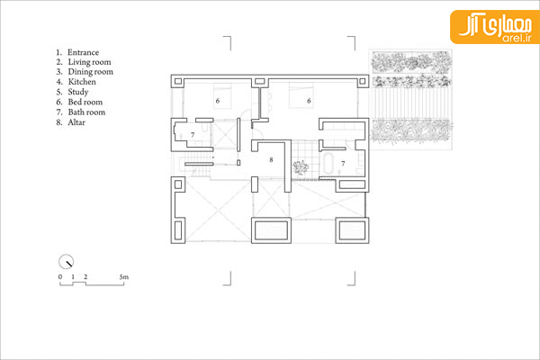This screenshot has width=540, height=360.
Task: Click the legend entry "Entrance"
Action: point(83,52)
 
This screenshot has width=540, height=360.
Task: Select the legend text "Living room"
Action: point(89,62)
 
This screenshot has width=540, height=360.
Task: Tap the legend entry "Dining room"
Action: point(90,72)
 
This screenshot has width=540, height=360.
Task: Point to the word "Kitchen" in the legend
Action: point(82,82)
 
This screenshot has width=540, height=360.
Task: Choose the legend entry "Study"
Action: point(78,93)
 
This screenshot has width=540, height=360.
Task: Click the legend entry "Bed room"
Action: point(85,102)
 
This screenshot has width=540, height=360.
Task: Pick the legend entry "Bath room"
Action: point(86,112)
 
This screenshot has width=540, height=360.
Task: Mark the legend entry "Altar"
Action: point(76,122)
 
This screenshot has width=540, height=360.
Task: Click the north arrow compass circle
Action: point(66,262)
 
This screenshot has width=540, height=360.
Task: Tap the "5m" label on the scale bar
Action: point(124,277)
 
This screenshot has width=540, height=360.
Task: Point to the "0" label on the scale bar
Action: point(60,277)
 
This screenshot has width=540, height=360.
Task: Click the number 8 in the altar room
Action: point(272,160)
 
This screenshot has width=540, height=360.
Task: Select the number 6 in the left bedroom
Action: point(217,101)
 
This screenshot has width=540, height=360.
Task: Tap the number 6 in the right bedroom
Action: point(309,101)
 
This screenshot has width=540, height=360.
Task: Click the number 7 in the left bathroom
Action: point(193,135)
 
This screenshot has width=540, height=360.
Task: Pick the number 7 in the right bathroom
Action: point(343,163)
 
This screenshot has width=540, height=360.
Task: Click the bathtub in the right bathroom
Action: point(328,164)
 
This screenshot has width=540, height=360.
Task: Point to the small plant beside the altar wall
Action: point(301,167)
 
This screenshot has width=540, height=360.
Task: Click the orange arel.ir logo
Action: point(495,27)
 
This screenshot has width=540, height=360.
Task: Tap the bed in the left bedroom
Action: point(222,95)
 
